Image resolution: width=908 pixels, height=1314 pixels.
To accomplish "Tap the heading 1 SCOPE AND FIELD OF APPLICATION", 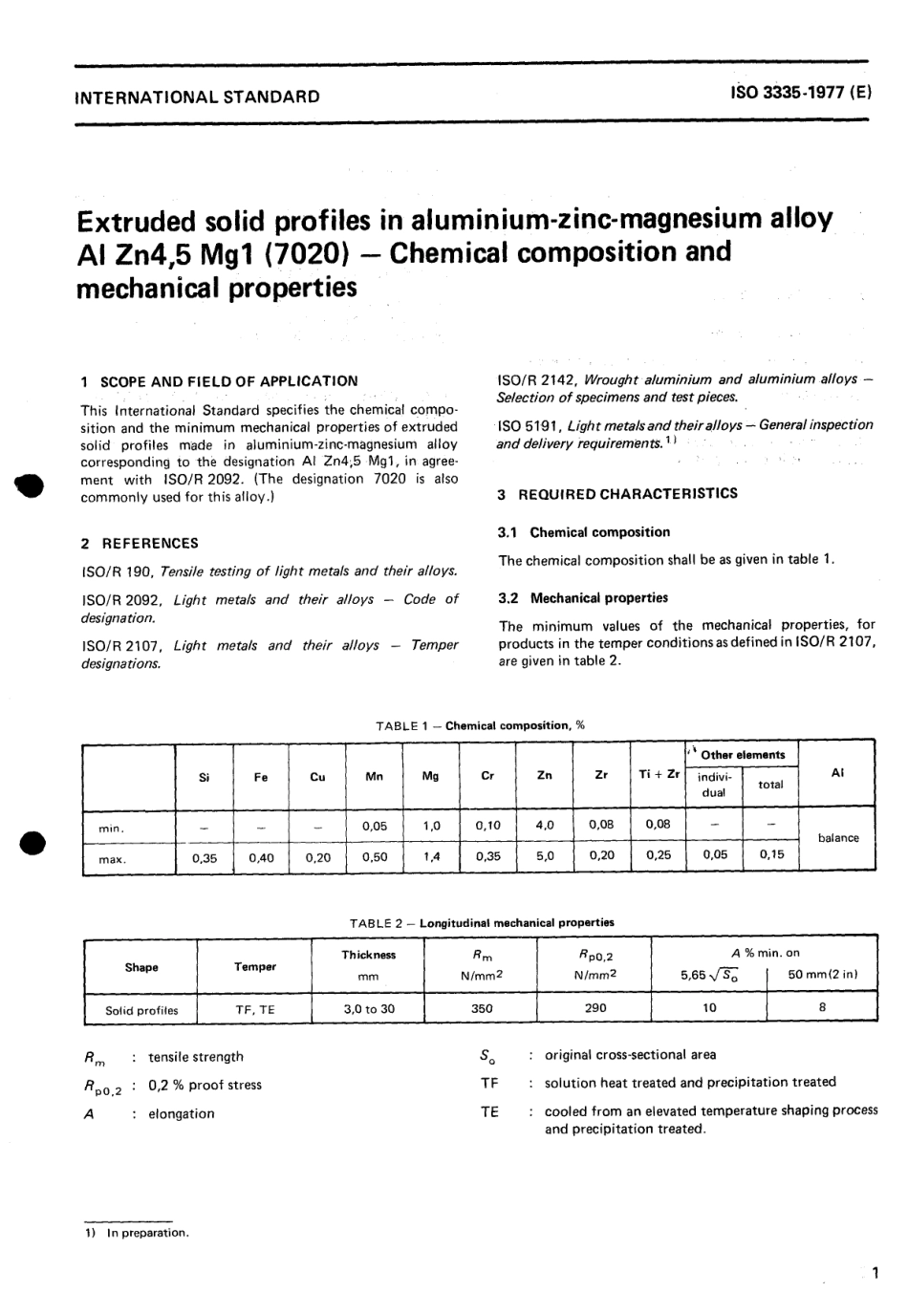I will click(x=219, y=381).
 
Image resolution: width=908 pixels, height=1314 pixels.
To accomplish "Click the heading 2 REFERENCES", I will click(x=140, y=543).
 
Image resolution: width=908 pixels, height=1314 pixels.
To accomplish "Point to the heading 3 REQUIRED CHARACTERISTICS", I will click(x=617, y=494).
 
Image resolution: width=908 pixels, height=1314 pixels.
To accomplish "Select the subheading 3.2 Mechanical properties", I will click(x=583, y=598).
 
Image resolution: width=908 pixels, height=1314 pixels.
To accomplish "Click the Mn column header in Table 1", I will click(x=374, y=777).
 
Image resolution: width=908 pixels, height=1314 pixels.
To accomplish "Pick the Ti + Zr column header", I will click(x=659, y=775).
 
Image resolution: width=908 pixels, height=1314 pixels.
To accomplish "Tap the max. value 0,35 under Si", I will click(x=205, y=857).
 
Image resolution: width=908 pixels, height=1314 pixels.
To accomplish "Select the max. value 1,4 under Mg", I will click(x=431, y=857).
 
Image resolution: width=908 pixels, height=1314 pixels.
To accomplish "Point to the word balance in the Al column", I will click(x=838, y=838).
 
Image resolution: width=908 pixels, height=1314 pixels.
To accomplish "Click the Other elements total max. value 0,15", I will click(x=771, y=855).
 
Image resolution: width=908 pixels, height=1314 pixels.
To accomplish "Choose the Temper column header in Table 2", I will click(x=255, y=967).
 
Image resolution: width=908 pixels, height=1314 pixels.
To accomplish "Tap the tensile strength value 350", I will click(x=483, y=1008).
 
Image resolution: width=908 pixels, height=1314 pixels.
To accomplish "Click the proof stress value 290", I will click(x=595, y=1007).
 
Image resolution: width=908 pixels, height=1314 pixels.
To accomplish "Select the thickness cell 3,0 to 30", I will click(x=369, y=1008).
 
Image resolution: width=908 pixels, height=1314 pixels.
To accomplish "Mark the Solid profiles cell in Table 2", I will click(x=141, y=1010).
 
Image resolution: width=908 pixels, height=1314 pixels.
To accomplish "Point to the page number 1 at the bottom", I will click(x=874, y=1274).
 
